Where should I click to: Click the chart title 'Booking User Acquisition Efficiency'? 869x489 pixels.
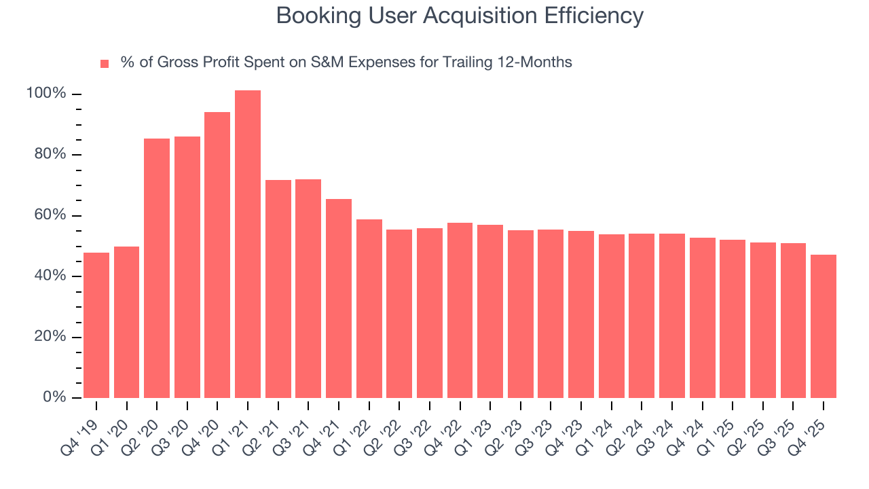460,16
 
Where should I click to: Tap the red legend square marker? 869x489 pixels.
105,63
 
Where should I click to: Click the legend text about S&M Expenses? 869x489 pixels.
346,62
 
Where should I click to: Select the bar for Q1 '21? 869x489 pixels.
248,244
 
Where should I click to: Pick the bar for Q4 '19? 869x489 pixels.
96,325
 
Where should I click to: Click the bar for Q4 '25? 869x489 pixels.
824,326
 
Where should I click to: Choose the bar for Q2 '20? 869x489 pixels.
157,268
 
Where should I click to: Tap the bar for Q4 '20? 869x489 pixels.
217,255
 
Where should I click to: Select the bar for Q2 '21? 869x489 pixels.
278,289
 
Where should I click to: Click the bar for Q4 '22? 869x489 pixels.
460,310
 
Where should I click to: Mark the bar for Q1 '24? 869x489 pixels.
611,316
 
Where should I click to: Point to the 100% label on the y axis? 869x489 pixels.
46,94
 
